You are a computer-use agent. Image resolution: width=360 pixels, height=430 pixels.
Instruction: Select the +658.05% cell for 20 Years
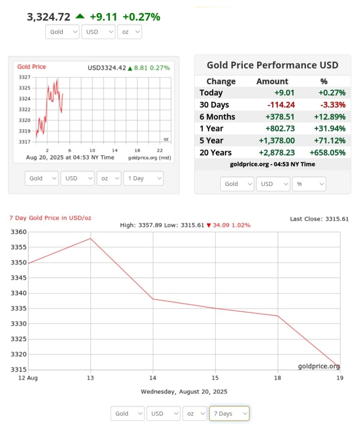tap(327, 153)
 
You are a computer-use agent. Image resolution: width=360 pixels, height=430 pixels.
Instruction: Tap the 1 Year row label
tap(211, 129)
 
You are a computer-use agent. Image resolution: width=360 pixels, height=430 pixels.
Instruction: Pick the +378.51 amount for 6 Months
tap(280, 117)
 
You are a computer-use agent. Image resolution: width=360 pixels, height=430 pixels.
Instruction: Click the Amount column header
tap(272, 81)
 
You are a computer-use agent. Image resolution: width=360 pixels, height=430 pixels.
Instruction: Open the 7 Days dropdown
tap(229, 414)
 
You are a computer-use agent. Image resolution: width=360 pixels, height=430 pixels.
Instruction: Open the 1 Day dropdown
tap(143, 178)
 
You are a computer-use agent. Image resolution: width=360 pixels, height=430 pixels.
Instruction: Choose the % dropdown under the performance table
tap(309, 184)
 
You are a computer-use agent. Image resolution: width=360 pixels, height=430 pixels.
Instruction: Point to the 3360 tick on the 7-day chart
tap(18, 232)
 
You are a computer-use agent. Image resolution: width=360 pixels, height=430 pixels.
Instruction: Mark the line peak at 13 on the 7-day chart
tap(91, 239)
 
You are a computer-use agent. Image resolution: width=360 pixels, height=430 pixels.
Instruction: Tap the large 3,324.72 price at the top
tap(48, 17)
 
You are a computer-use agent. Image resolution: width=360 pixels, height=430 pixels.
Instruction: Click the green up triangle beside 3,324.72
tap(80, 16)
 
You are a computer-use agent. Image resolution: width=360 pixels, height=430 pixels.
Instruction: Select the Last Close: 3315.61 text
tap(319, 219)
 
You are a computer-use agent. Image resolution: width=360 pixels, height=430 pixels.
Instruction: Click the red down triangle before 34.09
tap(209, 225)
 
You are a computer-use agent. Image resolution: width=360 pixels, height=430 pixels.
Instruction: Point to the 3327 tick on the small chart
tap(25, 77)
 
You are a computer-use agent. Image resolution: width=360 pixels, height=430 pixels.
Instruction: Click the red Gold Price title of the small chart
tap(31, 67)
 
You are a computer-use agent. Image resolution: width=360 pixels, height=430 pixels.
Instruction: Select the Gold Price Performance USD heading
tap(272, 65)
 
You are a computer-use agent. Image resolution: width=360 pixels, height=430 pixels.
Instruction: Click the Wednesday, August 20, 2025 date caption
tap(184, 391)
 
